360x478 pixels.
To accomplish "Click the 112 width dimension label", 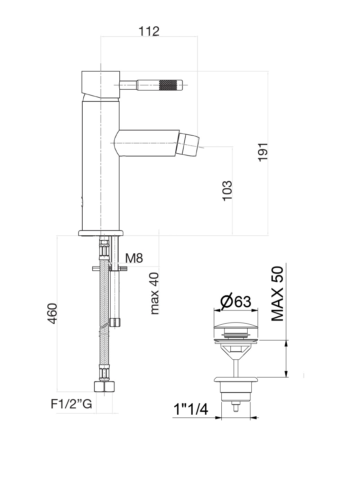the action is tap(149, 31).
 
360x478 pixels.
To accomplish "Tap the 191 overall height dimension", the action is tap(262, 152).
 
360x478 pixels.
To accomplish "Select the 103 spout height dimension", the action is tap(227, 191).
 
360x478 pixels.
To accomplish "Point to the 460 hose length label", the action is tap(52, 313).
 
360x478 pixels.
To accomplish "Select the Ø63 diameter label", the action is tap(236, 301).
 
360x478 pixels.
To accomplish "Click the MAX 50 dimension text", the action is tap(277, 294).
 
